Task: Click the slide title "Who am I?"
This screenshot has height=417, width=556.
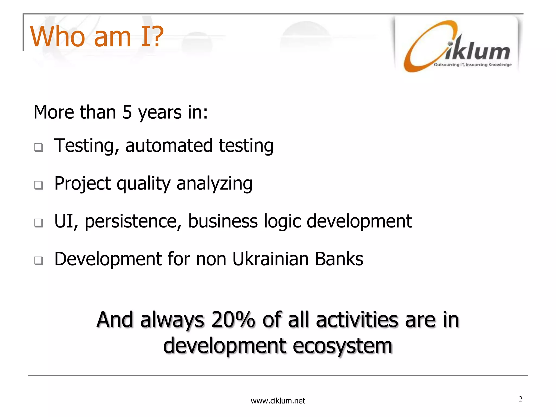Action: pos(97,37)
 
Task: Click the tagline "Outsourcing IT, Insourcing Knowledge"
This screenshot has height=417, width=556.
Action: pos(472,65)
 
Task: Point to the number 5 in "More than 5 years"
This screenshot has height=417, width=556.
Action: pos(127,112)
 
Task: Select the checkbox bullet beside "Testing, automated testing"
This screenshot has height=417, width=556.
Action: pos(39,147)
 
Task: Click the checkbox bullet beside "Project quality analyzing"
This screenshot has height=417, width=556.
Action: pos(39,185)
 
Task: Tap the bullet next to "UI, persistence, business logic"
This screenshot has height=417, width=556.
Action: pos(39,223)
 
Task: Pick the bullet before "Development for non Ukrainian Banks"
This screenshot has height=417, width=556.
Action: pos(39,261)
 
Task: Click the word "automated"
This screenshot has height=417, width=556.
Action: pos(169,146)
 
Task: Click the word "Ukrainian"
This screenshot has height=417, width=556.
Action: pos(270,259)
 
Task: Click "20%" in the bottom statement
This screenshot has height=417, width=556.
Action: pos(233,320)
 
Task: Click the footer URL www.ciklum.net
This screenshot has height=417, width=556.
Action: pos(278,401)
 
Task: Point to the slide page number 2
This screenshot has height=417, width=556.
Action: pos(520,399)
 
